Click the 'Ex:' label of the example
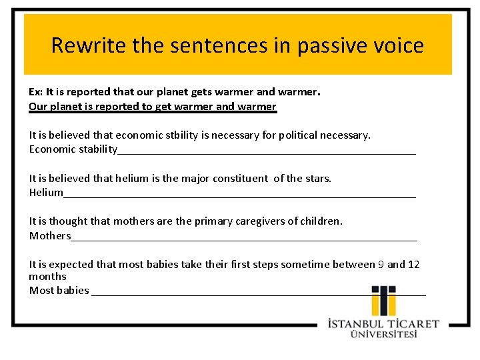[x=36, y=92]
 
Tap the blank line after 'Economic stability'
[x=267, y=152]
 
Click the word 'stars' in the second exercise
[x=317, y=178]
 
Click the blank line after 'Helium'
[x=240, y=195]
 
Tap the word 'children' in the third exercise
[x=320, y=221]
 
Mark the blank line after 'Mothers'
[x=243, y=238]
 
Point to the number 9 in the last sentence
[x=381, y=264]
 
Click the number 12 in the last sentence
[x=413, y=264]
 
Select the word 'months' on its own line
[x=47, y=276]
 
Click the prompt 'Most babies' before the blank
[x=59, y=290]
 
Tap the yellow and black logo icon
[x=383, y=301]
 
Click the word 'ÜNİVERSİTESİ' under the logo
[x=384, y=334]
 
